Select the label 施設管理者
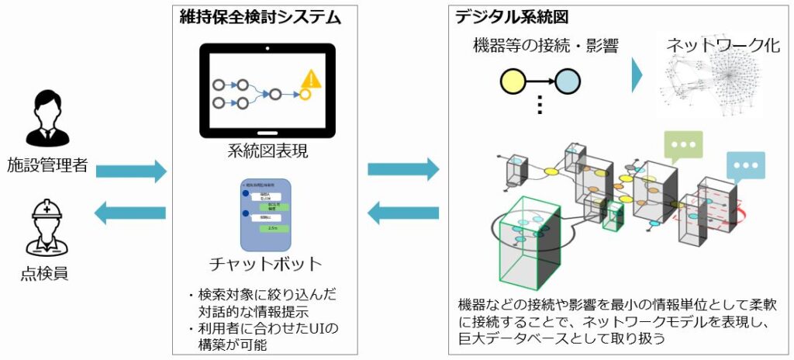coord(49,164)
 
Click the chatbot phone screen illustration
coord(265,215)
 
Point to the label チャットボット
coord(268,263)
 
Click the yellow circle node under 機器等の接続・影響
coord(512,80)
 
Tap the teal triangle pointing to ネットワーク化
coord(637,75)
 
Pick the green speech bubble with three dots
coord(682,146)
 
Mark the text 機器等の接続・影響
coord(545,45)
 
